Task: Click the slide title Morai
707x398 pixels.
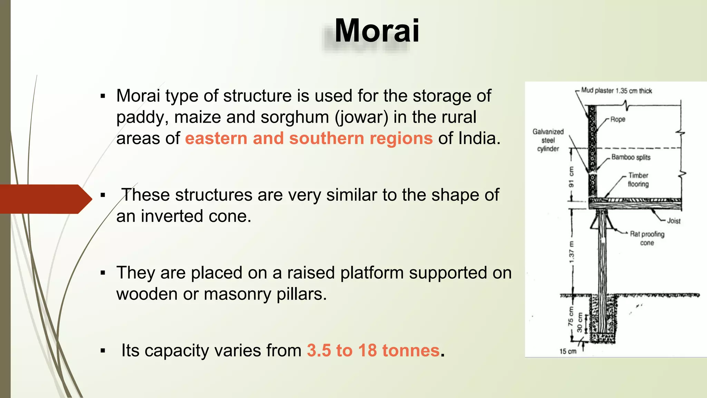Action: [x=377, y=31]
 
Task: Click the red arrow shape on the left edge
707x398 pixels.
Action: [x=45, y=199]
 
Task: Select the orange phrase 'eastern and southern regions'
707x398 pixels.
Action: [x=309, y=139]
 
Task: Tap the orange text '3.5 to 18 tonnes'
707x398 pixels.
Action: [x=373, y=350]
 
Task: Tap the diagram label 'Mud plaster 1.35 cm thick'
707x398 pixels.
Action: [x=616, y=91]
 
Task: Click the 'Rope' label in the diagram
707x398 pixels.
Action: [x=618, y=120]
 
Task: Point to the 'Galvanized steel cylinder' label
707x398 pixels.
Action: [x=548, y=140]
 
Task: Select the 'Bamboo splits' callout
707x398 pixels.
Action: [x=631, y=157]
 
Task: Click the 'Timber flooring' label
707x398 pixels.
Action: [x=638, y=180]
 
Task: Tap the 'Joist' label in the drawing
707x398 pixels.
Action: [x=674, y=221]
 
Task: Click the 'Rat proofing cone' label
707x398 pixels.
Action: [x=647, y=238]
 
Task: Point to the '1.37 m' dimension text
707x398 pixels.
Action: [x=572, y=252]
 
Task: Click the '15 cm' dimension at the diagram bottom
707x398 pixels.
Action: [x=568, y=351]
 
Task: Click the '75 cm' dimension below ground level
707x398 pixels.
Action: [x=571, y=316]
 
